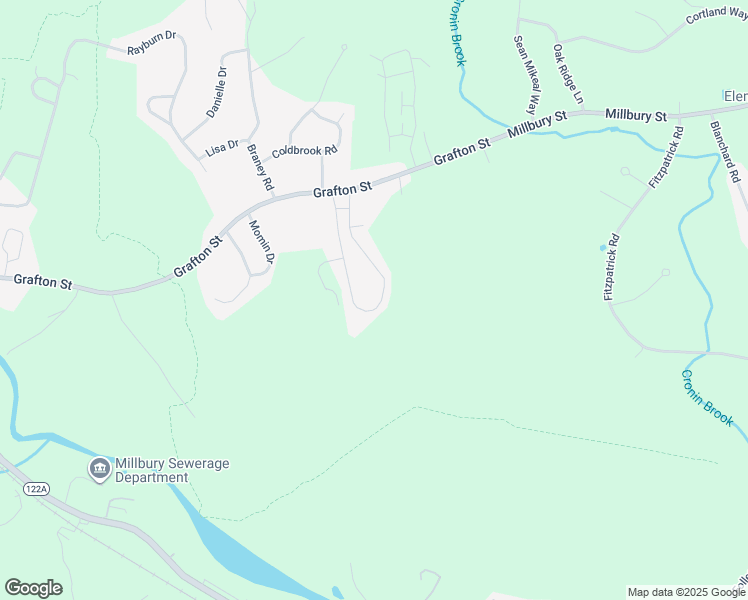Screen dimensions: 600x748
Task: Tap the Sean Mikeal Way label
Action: coord(524,75)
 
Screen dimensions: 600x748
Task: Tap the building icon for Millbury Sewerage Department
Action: coord(99,469)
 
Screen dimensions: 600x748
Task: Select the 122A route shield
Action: coord(37,487)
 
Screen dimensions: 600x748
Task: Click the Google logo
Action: coord(33,588)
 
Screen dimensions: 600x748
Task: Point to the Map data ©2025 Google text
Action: coord(686,592)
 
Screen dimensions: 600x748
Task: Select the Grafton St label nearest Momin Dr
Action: coord(198,257)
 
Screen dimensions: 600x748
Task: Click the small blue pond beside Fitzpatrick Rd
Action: coord(602,247)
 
